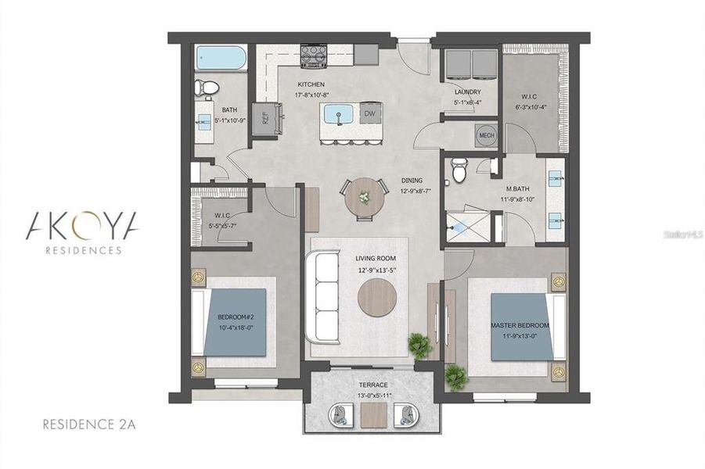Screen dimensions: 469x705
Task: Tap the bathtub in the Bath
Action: [x=221, y=58]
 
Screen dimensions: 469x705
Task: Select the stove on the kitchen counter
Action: [x=314, y=55]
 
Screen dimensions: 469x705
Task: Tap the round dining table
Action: [x=365, y=196]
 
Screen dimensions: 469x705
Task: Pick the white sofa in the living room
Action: [x=324, y=296]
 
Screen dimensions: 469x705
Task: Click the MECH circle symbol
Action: [x=487, y=134]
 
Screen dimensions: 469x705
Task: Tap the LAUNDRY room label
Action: [x=467, y=92]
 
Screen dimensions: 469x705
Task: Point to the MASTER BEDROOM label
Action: [x=520, y=324]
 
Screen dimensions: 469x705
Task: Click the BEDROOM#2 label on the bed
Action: [x=236, y=317]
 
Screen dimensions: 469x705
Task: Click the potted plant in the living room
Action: [x=420, y=345]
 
